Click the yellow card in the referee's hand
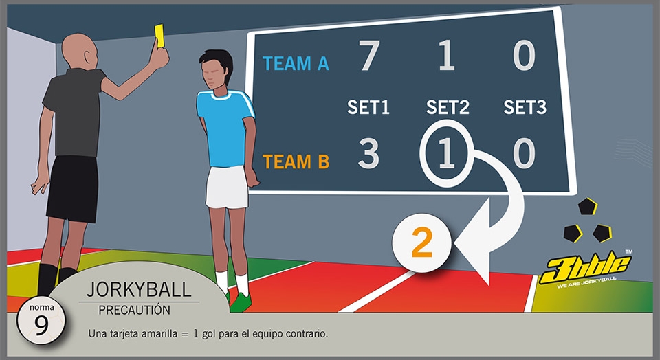(x=159, y=36)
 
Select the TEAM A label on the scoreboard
(x=296, y=63)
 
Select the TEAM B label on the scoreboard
(x=296, y=161)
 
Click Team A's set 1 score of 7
(x=369, y=55)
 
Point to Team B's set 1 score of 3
(x=368, y=153)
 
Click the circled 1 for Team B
(x=447, y=153)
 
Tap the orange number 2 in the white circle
(x=421, y=243)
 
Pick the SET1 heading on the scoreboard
(x=368, y=107)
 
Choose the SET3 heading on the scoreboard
(x=525, y=107)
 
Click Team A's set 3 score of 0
(x=524, y=55)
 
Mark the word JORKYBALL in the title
(x=139, y=289)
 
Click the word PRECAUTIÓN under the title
(x=135, y=310)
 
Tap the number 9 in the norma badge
(x=41, y=325)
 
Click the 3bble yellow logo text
(x=586, y=268)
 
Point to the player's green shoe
(x=241, y=302)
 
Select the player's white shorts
(x=228, y=187)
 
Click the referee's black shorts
(x=72, y=188)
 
